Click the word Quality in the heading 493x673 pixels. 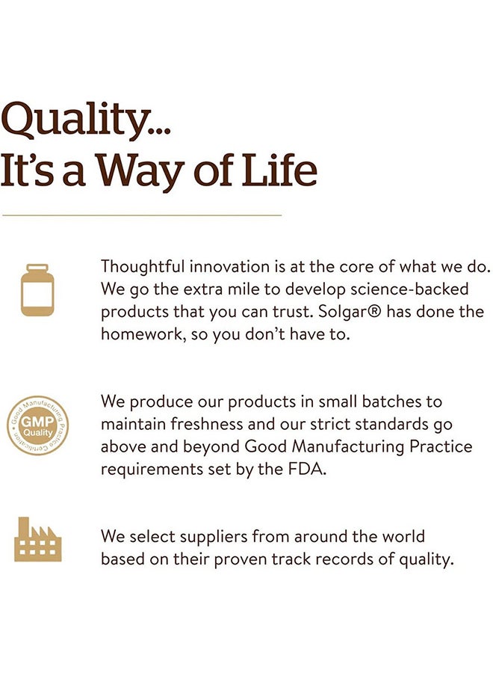(75, 120)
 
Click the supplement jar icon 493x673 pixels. (37, 289)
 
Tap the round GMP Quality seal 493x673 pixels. (38, 425)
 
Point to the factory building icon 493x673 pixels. (38, 539)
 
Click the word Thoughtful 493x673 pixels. (143, 266)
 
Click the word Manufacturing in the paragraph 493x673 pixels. (347, 447)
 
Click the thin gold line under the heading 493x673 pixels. (142, 215)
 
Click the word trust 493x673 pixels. (292, 312)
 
